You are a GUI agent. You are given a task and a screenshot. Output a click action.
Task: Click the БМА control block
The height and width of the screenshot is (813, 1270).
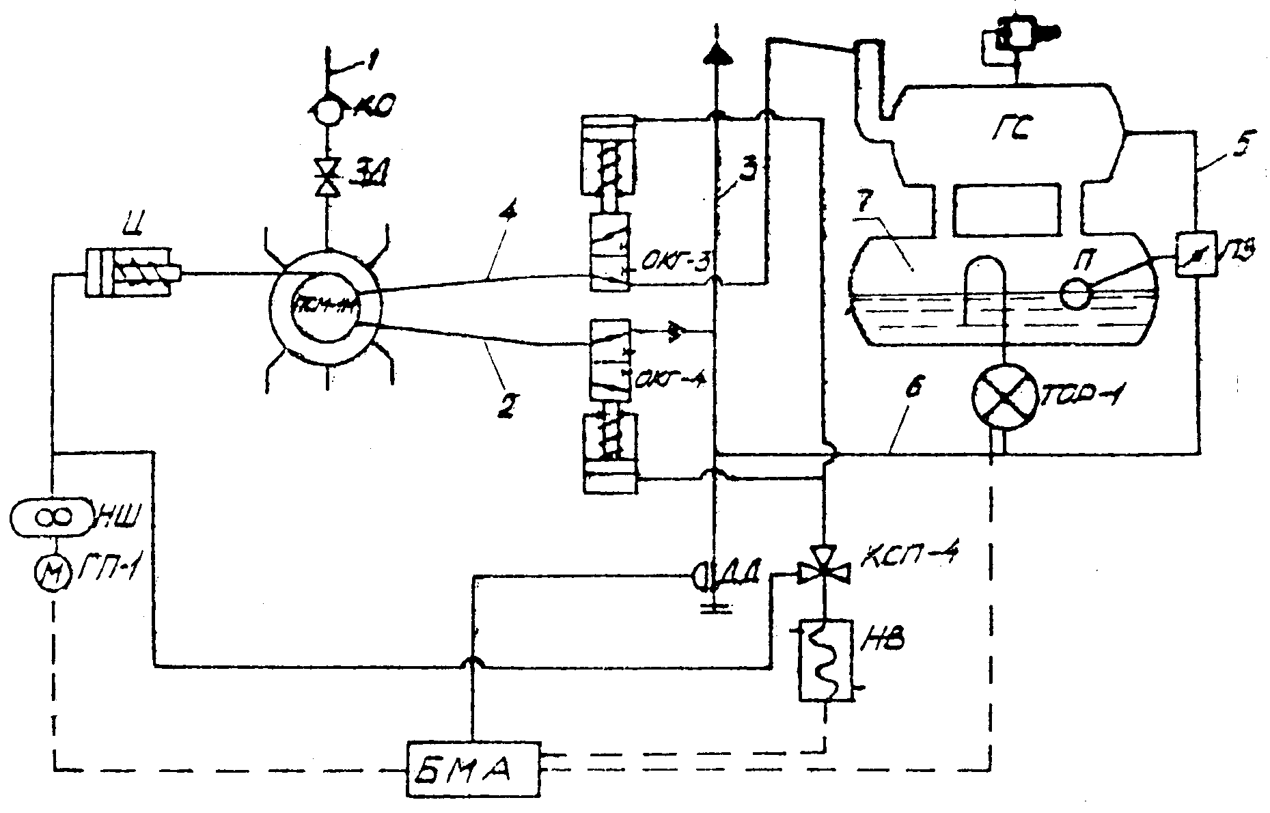tap(472, 768)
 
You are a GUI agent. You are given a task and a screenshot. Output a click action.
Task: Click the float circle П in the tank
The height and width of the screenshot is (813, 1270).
tap(1075, 294)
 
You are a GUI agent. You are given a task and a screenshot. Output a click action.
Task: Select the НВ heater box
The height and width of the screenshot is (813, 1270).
tap(825, 659)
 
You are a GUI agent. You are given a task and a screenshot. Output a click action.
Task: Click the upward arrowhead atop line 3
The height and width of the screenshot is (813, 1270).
tap(715, 51)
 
